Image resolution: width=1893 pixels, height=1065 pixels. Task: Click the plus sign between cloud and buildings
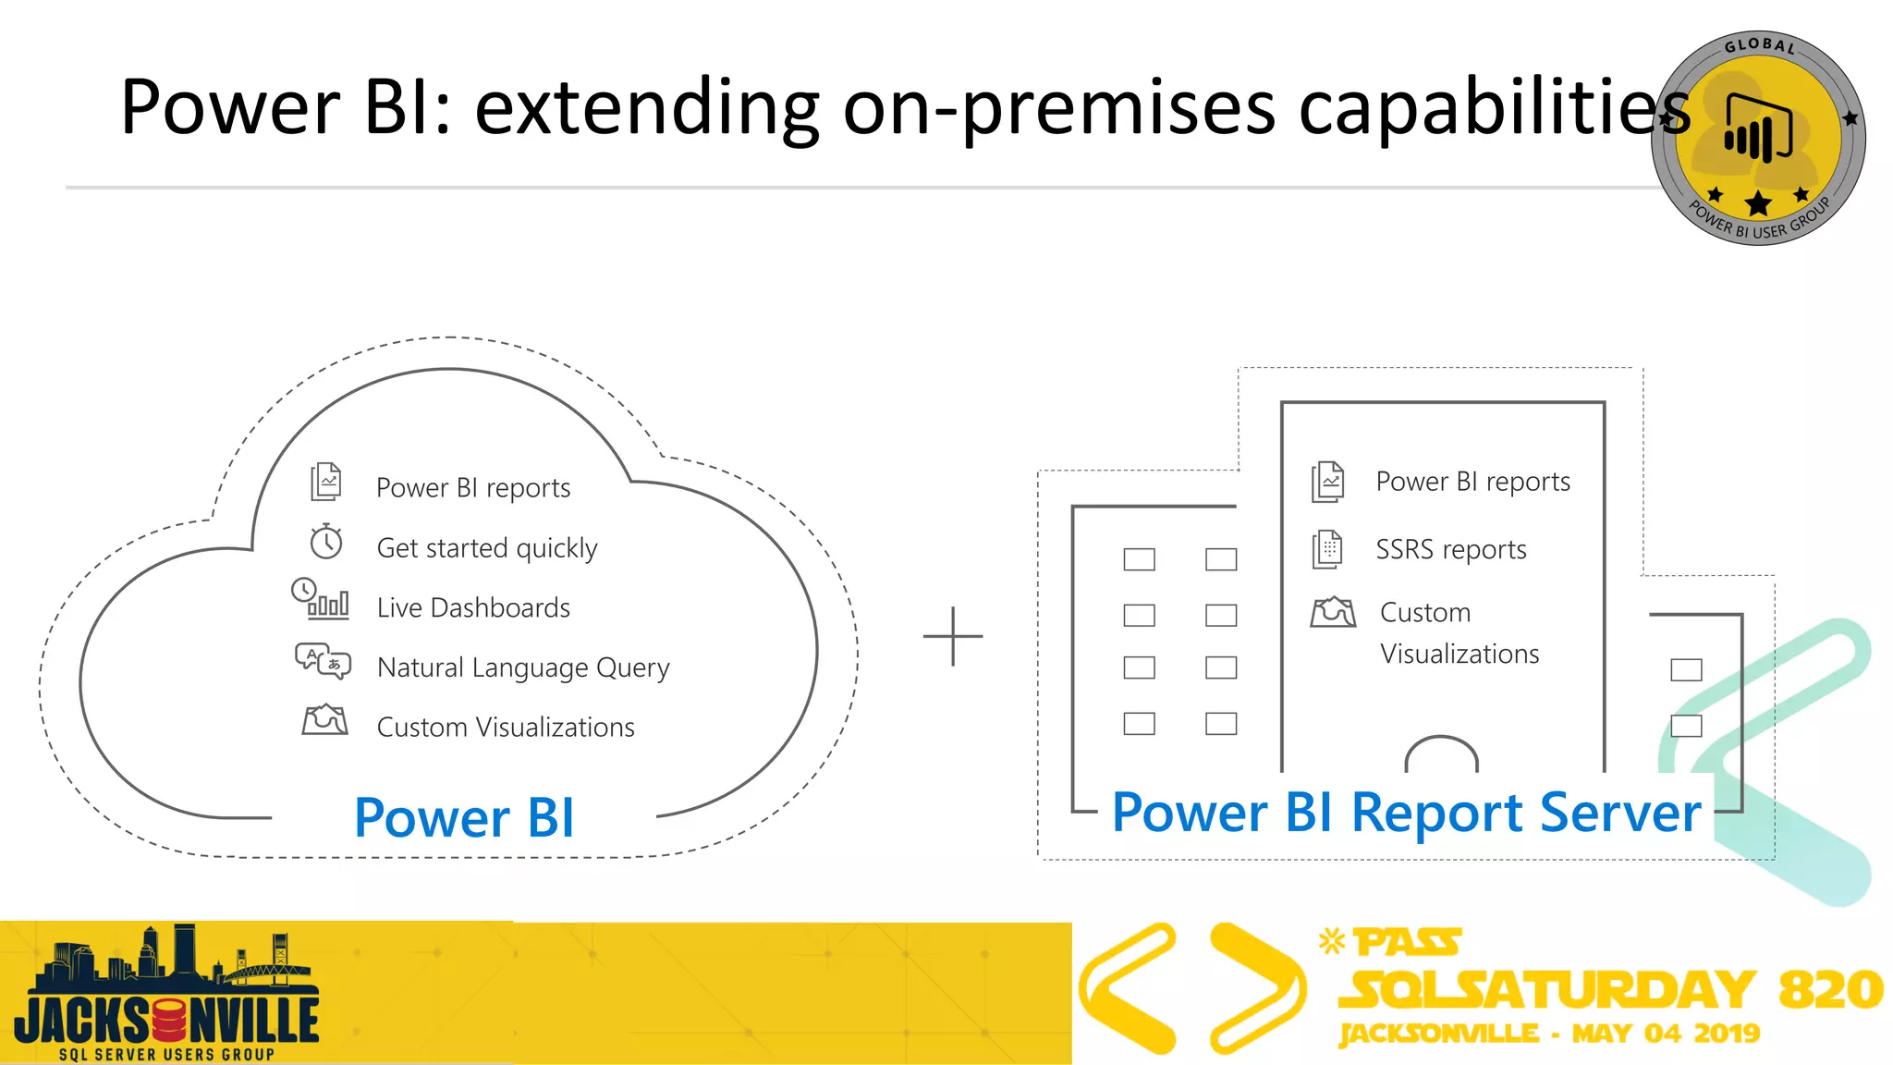(953, 636)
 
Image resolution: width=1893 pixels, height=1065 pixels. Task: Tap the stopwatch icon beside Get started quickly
(326, 542)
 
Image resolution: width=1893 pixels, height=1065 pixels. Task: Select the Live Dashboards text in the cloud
(473, 607)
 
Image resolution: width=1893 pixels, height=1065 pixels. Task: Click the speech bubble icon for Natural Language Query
(322, 661)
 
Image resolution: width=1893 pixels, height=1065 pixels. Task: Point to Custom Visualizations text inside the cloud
(506, 727)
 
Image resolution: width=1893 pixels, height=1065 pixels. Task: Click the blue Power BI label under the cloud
(464, 818)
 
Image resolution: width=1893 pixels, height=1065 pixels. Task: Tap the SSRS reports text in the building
(1450, 549)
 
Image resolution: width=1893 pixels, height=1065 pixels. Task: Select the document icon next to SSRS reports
(1327, 549)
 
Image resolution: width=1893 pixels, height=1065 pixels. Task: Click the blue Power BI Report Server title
(1406, 813)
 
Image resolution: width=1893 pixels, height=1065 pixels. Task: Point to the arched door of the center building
(1441, 754)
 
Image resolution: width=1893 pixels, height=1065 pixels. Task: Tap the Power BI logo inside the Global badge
(1758, 130)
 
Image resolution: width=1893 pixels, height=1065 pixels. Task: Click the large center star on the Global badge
(1758, 203)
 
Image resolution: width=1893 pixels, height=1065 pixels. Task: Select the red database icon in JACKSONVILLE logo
(169, 1021)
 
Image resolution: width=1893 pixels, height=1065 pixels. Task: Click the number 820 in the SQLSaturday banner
(1830, 989)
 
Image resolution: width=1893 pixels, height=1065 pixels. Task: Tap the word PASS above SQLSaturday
(1408, 943)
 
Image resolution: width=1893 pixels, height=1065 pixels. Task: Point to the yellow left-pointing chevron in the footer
(1126, 988)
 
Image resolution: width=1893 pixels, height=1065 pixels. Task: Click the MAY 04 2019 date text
(1666, 1033)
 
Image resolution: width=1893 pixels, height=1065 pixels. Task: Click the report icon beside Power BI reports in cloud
(325, 482)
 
